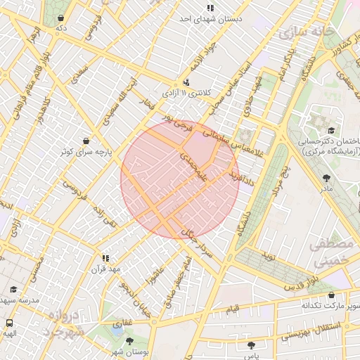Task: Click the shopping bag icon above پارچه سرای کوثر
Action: pos(86,141)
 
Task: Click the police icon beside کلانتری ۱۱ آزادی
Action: pos(186,82)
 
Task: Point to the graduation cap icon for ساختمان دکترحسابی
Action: pos(330,131)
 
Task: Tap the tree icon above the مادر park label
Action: pos(326,179)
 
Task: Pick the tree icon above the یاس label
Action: pos(251,345)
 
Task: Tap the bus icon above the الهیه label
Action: pos(9,324)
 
